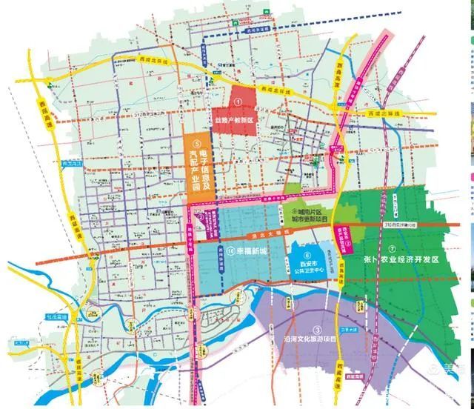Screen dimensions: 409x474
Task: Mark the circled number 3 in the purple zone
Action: (x=316, y=330)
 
